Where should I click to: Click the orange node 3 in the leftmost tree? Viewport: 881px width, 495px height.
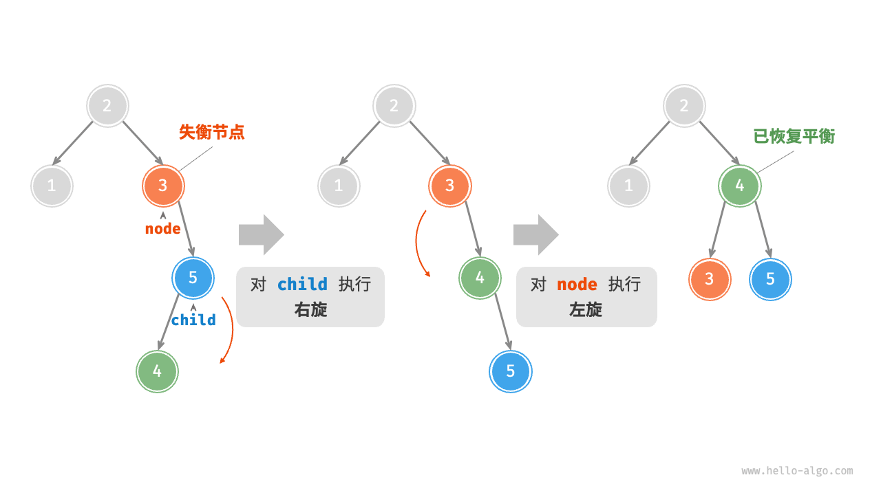click(164, 185)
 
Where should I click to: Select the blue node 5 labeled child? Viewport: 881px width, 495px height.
click(193, 277)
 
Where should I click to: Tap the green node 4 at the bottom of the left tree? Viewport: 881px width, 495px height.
click(157, 371)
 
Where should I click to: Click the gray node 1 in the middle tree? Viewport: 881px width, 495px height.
click(339, 186)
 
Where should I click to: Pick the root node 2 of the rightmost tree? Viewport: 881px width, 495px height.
click(684, 106)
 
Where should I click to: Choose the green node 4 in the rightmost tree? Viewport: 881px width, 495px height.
click(739, 186)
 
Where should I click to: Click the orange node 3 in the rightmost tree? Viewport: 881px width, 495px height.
click(710, 279)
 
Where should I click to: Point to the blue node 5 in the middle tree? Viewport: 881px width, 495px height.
click(511, 371)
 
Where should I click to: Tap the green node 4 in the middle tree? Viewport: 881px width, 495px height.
click(480, 278)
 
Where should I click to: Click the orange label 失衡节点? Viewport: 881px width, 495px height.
click(212, 133)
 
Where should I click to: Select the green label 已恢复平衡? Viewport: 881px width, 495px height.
click(794, 136)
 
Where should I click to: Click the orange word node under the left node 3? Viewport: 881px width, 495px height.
click(163, 229)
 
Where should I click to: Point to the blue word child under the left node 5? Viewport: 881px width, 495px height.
click(193, 320)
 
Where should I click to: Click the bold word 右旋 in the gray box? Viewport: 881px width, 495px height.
click(310, 310)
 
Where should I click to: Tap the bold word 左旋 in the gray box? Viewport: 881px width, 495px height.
click(586, 310)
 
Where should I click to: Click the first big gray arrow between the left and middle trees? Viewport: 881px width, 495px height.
click(261, 234)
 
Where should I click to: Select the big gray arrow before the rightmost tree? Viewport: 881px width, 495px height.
click(535, 234)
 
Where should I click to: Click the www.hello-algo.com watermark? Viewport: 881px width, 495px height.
click(797, 471)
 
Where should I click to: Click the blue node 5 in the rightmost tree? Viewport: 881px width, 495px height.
click(770, 279)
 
